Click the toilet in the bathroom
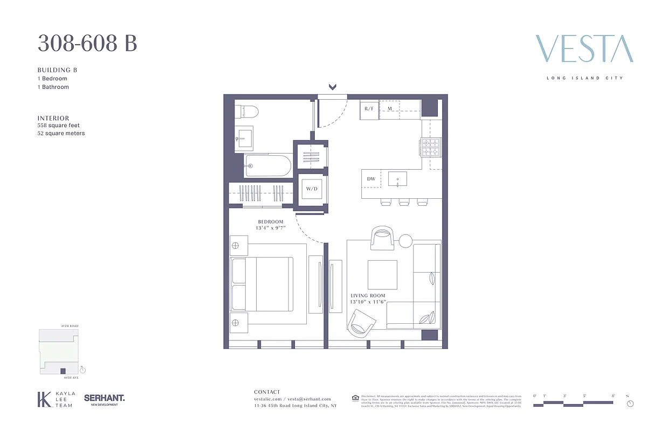coord(249,111)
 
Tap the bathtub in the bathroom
coord(267,165)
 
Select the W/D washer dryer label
coord(312,189)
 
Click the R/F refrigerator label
coord(369,109)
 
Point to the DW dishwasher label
coord(371,179)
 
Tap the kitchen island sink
coord(397,178)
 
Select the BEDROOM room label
coord(270,222)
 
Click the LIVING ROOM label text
coord(368,296)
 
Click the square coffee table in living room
coord(382,275)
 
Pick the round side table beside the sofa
coord(405,240)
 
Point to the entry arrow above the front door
coord(333,87)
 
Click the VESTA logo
coord(584,49)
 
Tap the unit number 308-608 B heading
coord(87,43)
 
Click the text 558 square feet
coord(58,126)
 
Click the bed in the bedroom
coord(262,283)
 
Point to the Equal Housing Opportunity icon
coord(355,398)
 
